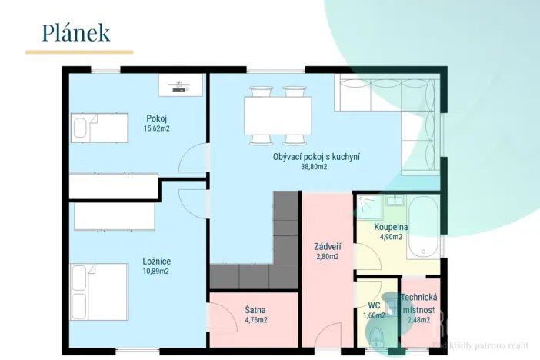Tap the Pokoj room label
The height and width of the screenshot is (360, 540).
(156, 118)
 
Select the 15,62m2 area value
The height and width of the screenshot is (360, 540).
(156, 128)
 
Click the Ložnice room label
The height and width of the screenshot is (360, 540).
(156, 261)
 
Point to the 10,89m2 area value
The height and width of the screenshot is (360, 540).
(156, 271)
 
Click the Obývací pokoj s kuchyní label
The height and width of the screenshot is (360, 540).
(316, 157)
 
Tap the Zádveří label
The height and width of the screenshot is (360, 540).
(328, 247)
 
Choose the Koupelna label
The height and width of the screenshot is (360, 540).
(391, 228)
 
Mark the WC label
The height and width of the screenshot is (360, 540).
(374, 305)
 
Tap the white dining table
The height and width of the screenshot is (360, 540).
(278, 115)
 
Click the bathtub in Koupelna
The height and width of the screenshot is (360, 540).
(422, 228)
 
